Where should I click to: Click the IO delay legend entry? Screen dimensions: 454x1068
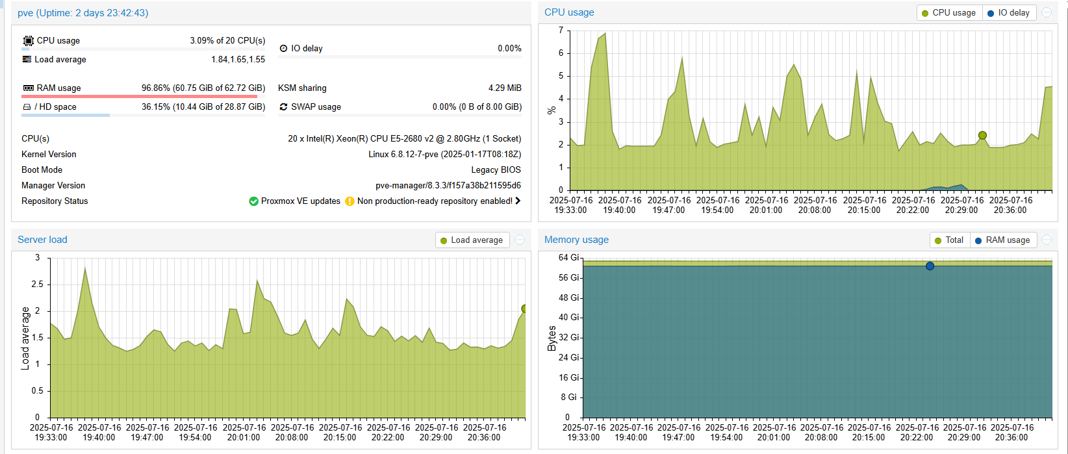[1008, 13]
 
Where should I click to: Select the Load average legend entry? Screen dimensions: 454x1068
[472, 240]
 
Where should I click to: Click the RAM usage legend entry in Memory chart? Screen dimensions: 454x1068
[1003, 240]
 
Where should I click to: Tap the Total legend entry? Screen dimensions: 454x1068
[949, 240]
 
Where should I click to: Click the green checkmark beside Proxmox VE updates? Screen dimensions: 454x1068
[254, 201]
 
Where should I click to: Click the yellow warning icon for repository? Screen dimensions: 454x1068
[350, 201]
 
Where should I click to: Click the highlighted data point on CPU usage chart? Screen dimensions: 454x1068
[982, 136]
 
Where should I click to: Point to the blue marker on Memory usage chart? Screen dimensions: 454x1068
[930, 266]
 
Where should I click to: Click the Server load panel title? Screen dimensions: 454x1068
[42, 240]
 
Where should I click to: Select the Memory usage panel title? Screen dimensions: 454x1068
[576, 240]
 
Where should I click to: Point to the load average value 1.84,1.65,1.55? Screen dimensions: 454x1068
[238, 60]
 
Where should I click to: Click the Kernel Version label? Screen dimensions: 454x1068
[49, 155]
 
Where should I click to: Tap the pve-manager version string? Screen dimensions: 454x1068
[448, 186]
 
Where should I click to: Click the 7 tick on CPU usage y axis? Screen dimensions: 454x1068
[561, 31]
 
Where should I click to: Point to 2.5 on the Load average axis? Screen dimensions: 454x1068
[37, 284]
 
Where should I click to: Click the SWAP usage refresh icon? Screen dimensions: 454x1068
[283, 107]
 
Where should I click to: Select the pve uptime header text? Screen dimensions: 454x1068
[83, 13]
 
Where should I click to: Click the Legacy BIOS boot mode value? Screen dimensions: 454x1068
[496, 170]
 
